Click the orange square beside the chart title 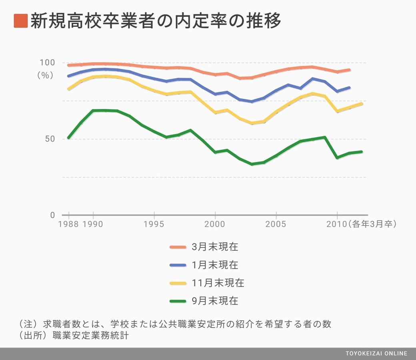click(20, 21)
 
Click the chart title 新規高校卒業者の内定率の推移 click(156, 21)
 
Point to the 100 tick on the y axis click(47, 62)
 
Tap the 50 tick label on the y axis click(50, 139)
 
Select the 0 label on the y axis click(52, 215)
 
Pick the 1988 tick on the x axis click(68, 224)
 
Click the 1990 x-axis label click(93, 224)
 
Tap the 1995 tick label click(154, 224)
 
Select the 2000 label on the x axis click(215, 224)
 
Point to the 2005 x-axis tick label click(276, 224)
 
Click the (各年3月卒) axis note click(372, 224)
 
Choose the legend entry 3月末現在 click(215, 247)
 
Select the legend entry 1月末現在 click(215, 265)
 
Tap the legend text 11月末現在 click(218, 283)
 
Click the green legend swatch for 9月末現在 click(178, 301)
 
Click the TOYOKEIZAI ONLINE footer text click(376, 353)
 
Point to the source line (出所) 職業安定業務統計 click(74, 336)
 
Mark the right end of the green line click(361, 152)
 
